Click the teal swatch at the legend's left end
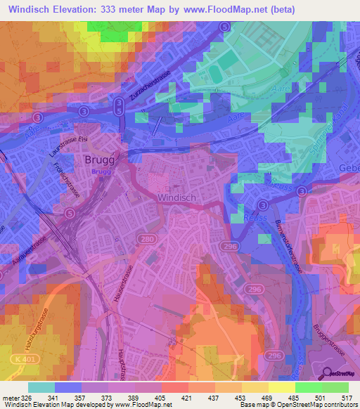(x=41, y=387)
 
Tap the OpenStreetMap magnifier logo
(x=326, y=373)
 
